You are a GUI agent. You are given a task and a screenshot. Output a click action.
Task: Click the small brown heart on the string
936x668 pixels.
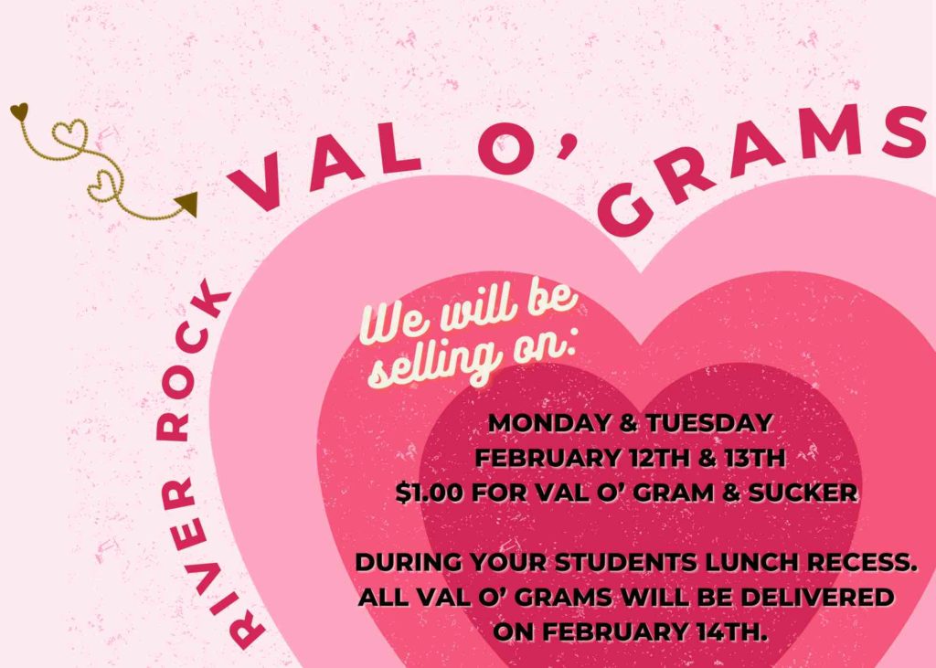pyautogui.click(x=19, y=111)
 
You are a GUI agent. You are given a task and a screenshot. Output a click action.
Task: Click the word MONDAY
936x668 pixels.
pyautogui.click(x=549, y=423)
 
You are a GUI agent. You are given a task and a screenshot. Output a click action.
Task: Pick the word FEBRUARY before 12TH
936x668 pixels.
pyautogui.click(x=548, y=459)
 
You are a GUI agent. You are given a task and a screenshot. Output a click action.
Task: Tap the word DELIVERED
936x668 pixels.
pyautogui.click(x=818, y=597)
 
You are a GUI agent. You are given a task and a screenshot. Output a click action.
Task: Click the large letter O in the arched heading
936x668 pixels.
pyautogui.click(x=505, y=149)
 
